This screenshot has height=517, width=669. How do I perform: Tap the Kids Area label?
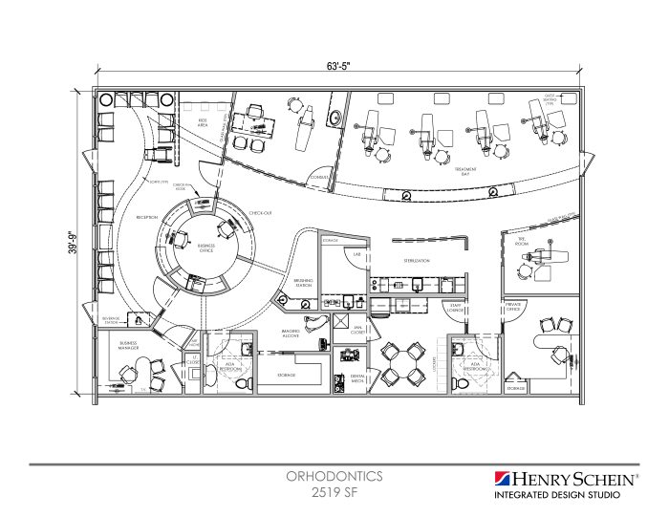point(203,123)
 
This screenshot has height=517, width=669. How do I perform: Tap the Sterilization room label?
point(416,260)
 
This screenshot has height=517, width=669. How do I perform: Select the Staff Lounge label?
point(457,308)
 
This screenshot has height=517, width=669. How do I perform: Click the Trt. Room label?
point(522,241)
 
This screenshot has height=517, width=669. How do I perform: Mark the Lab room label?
point(355,255)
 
